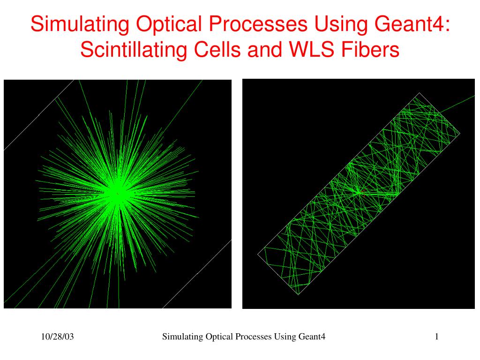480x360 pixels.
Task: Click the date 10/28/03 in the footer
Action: click(57, 337)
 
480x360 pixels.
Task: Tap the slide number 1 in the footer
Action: click(436, 337)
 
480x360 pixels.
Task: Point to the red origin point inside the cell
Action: click(360, 192)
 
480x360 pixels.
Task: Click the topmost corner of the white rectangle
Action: click(419, 93)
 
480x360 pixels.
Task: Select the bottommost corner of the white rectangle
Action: click(299, 295)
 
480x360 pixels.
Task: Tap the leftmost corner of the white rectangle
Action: click(258, 255)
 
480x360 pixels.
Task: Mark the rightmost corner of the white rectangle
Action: click(460, 133)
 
